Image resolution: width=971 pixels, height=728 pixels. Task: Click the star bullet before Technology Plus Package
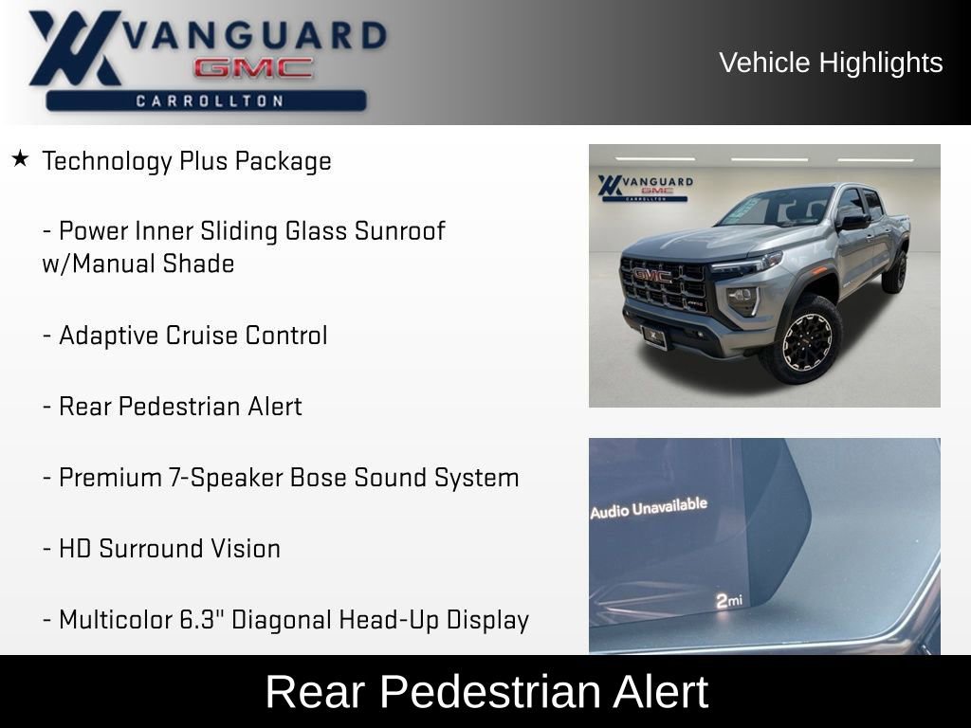click(19, 158)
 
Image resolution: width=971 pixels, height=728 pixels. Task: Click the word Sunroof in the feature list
click(399, 231)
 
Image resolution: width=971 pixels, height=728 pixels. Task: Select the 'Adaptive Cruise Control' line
click(185, 336)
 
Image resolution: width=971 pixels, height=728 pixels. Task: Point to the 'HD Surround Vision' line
click(161, 549)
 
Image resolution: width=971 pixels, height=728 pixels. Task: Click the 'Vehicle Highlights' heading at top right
click(831, 63)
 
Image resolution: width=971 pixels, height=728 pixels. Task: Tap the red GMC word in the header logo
click(253, 68)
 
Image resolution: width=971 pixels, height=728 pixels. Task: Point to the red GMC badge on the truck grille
click(652, 275)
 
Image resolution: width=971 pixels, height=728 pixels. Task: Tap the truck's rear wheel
click(894, 270)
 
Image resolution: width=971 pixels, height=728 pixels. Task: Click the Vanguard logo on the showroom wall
click(645, 186)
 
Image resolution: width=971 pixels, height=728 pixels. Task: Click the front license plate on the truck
click(654, 335)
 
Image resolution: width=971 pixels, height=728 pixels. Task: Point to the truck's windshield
click(778, 207)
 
